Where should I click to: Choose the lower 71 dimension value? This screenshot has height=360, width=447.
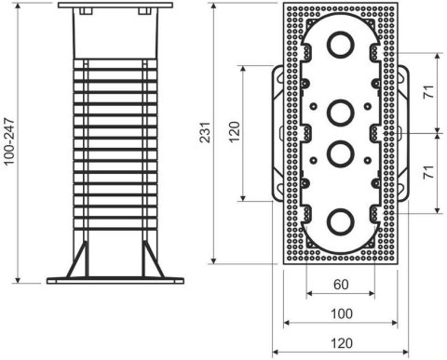point(427,173)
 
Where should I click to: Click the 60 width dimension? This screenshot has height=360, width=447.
point(340,285)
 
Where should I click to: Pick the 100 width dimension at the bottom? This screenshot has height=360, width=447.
point(340,313)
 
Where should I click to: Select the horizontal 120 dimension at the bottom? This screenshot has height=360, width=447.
point(340,342)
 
